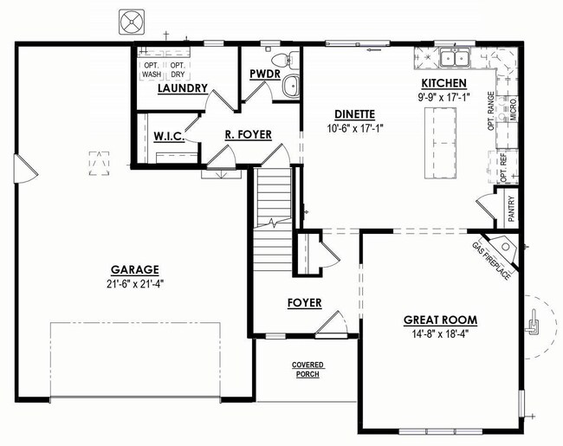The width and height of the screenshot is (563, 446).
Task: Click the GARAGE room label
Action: coord(134,269)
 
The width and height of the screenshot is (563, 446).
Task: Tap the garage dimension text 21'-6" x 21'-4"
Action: coord(134,284)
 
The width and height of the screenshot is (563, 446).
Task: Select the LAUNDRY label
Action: coord(183,88)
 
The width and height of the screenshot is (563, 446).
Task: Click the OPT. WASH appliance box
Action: coord(152,70)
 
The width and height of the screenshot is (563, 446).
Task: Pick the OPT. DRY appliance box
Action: coord(178,70)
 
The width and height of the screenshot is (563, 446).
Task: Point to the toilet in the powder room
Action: coord(286,60)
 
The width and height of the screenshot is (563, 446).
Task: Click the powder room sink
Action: coord(291,86)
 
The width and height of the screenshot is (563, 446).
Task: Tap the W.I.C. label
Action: coord(169,137)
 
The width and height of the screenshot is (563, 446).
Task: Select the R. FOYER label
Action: coord(249,134)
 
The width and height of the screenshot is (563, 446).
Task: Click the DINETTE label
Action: coord(355,114)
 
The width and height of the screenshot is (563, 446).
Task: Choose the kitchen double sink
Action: coord(455,58)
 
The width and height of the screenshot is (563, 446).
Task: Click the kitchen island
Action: coord(441,143)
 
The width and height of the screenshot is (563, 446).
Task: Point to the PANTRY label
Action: coord(511,208)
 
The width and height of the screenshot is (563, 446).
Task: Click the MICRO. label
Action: coord(513,109)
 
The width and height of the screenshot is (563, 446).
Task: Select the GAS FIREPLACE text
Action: coord(491,261)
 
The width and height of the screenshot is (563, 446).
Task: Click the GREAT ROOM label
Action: coord(441,320)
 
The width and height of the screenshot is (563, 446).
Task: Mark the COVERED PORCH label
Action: coord(307,370)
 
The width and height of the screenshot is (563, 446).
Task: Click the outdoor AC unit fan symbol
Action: coord(132,23)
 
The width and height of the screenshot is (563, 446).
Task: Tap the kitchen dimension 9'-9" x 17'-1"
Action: coord(444,97)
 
